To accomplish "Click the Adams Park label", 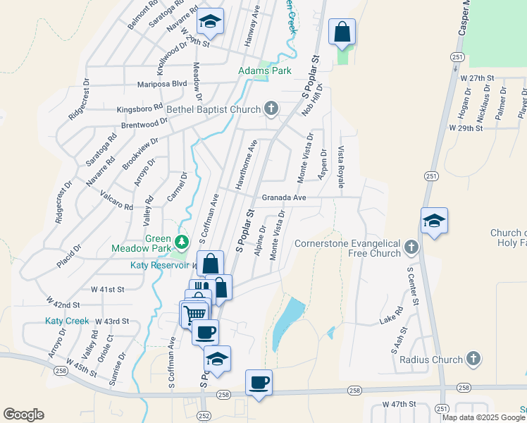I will pos(264,71).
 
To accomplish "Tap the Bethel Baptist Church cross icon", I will pos(271,109).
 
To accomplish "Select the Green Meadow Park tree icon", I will pos(182,243).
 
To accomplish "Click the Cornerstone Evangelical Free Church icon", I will pos(411,247).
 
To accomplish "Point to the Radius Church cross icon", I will pos(473,359).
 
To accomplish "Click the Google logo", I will pos(23,415).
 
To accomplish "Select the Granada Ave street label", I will pos(284,198).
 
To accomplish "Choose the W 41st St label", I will pos(107,289).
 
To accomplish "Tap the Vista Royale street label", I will pos(341,166).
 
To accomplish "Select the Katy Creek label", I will pos(67,321).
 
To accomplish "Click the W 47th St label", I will pos(400,405).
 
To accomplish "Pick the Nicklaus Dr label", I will pos(502,101).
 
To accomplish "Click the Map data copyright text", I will pos(483,417).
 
